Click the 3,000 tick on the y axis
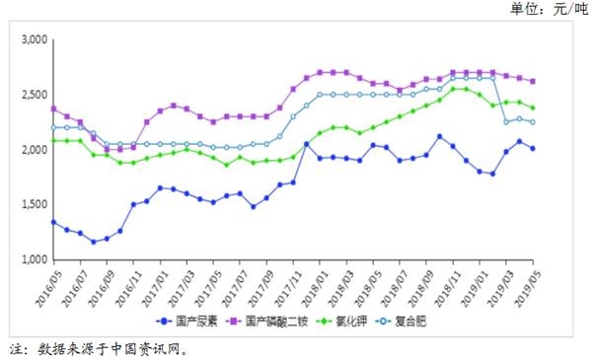pyautogui.click(x=34, y=39)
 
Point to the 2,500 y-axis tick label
pyautogui.click(x=34, y=95)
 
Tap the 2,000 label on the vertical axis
pyautogui.click(x=34, y=150)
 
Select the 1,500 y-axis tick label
pyautogui.click(x=34, y=204)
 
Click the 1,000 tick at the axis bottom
pyautogui.click(x=34, y=259)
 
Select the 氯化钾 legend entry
pyautogui.click(x=340, y=321)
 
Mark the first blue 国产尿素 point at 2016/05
pyautogui.click(x=53, y=222)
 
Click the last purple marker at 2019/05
pyautogui.click(x=533, y=82)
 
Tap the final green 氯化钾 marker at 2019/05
pyautogui.click(x=533, y=108)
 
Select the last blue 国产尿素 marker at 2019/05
pyautogui.click(x=533, y=149)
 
